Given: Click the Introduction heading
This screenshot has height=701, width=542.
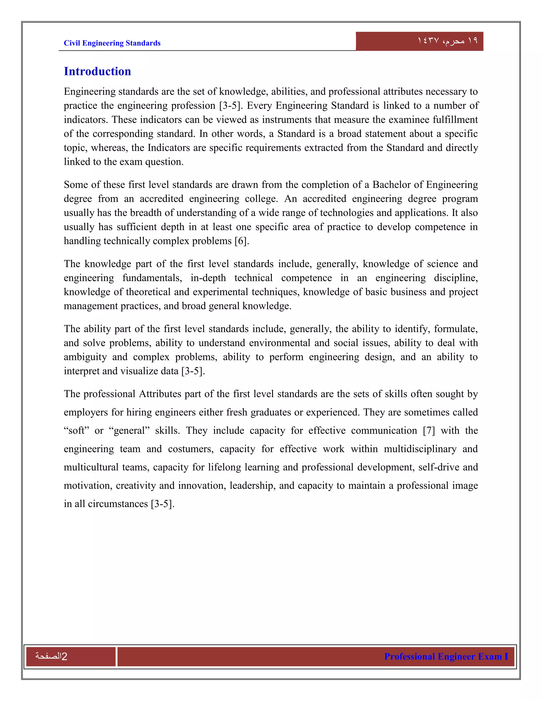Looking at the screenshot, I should pos(97,71).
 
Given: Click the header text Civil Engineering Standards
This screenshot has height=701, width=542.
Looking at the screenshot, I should pos(112,43).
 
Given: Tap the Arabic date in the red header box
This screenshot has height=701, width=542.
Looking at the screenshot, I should pos(447,41).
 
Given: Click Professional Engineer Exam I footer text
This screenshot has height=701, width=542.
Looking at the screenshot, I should pos(446,656).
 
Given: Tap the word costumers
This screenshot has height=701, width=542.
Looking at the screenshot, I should pos(191,449).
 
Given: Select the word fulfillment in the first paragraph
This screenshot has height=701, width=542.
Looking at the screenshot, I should pos(455,119).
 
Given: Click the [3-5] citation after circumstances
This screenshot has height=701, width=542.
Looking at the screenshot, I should pos(162,504).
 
